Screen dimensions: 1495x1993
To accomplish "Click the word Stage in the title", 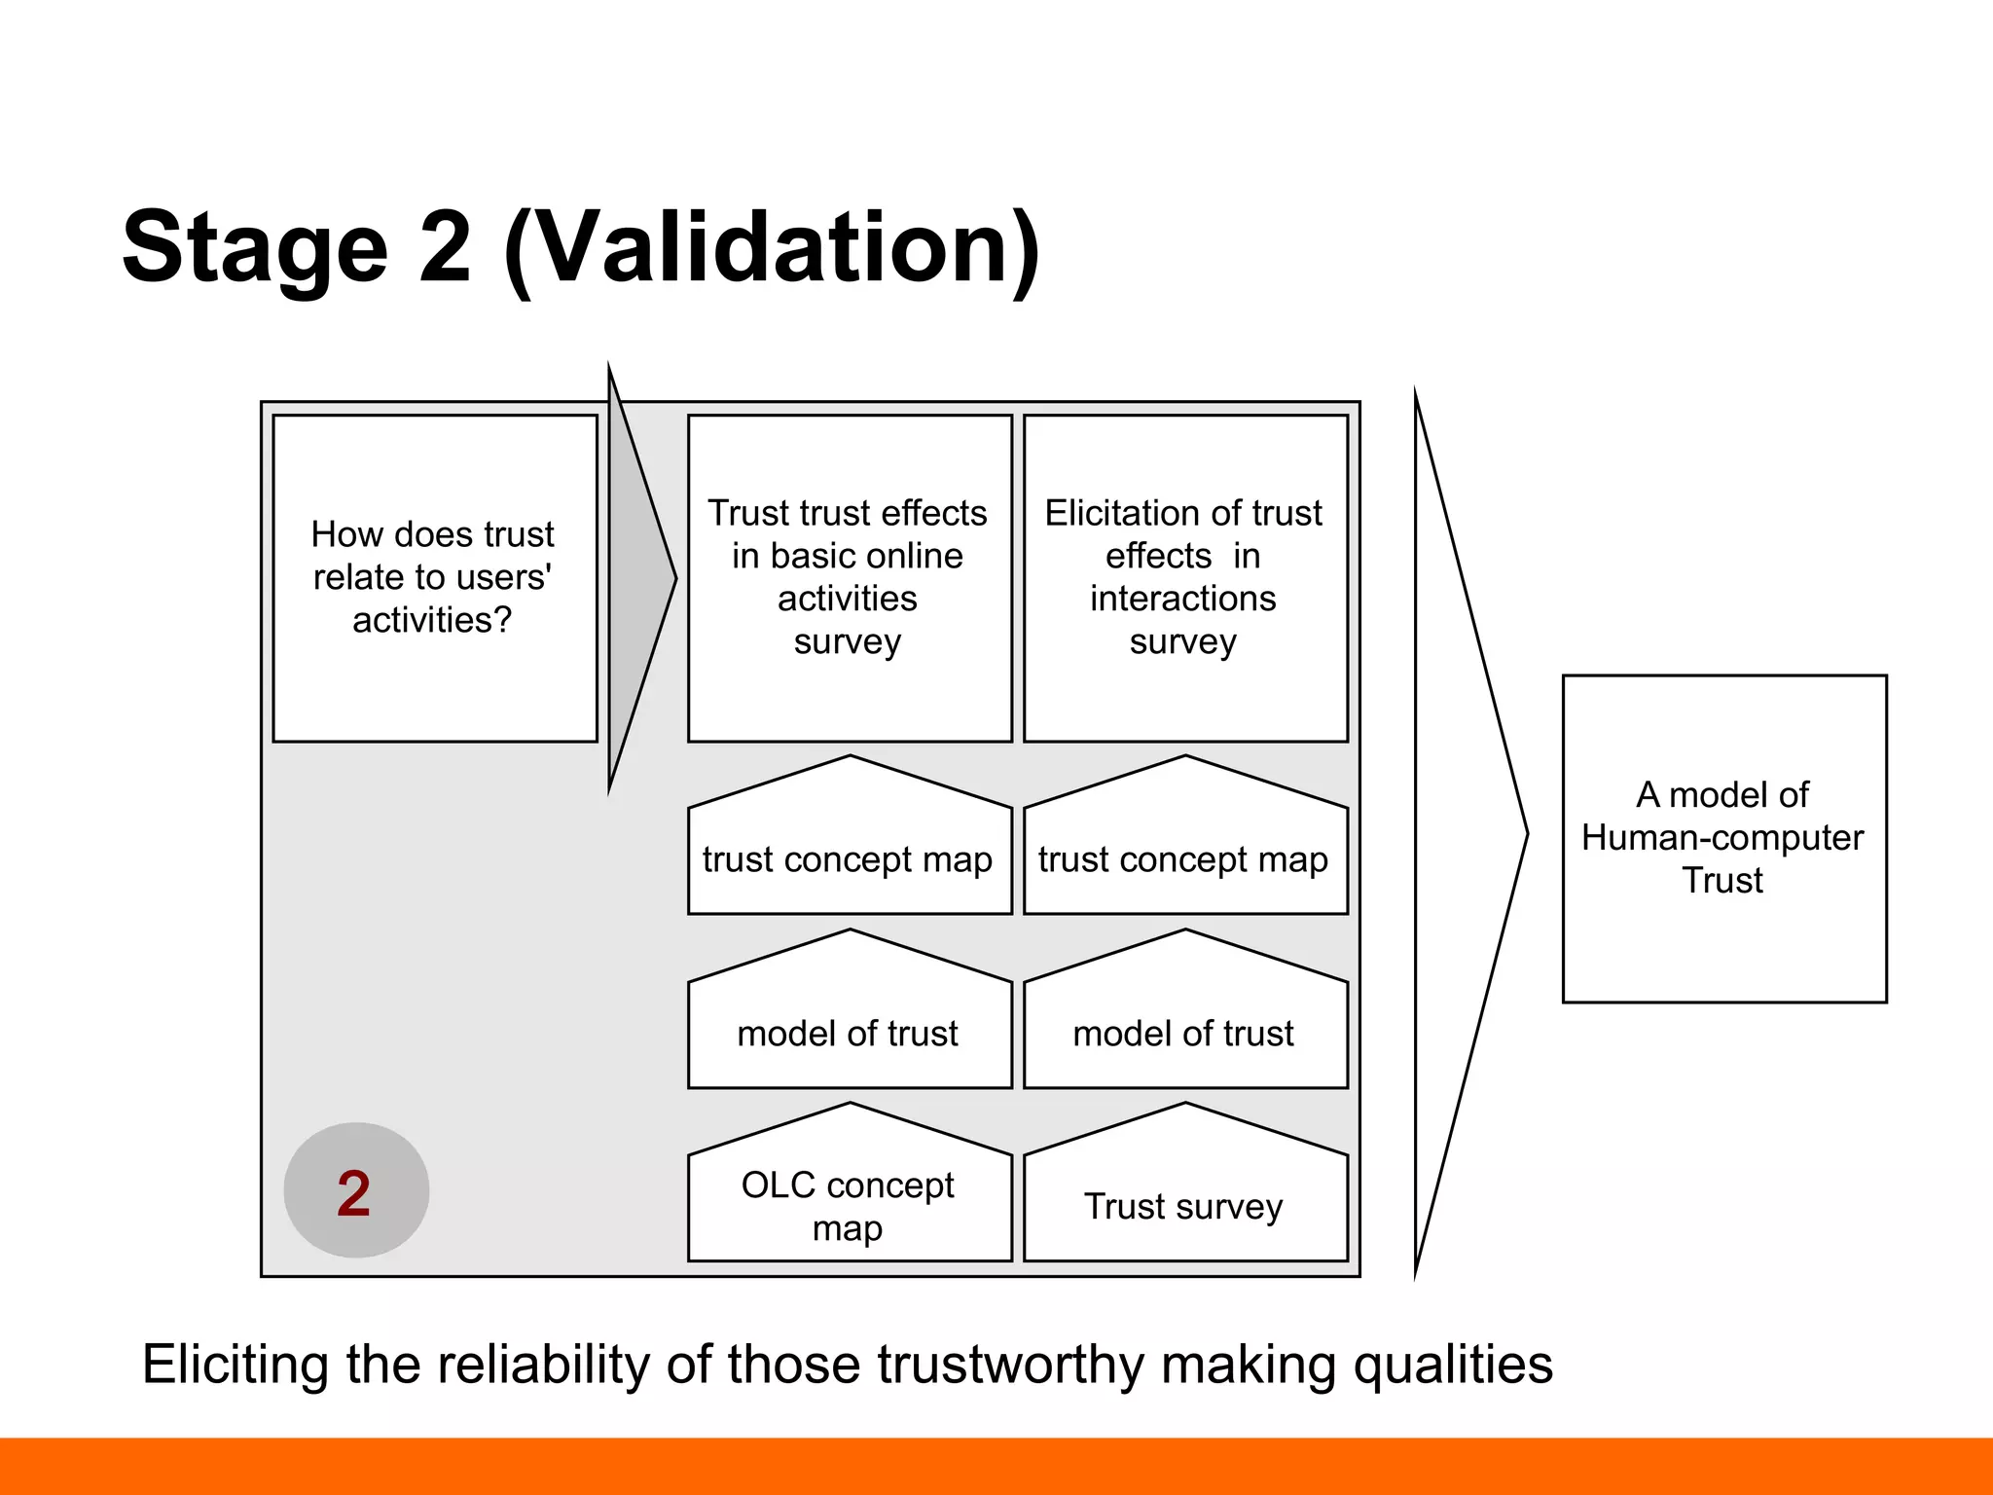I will (x=255, y=248).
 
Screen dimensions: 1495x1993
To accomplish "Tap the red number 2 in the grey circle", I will (x=354, y=1193).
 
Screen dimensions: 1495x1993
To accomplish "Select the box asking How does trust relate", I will (x=434, y=578).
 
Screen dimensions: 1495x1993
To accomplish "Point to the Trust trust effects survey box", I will (x=849, y=578).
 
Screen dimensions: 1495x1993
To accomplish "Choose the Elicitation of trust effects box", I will (x=1184, y=578).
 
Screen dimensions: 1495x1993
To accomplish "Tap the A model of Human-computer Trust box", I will (x=1723, y=838).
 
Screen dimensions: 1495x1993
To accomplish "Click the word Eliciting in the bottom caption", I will (x=235, y=1365).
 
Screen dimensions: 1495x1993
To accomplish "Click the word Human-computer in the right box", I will (x=1722, y=837).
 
